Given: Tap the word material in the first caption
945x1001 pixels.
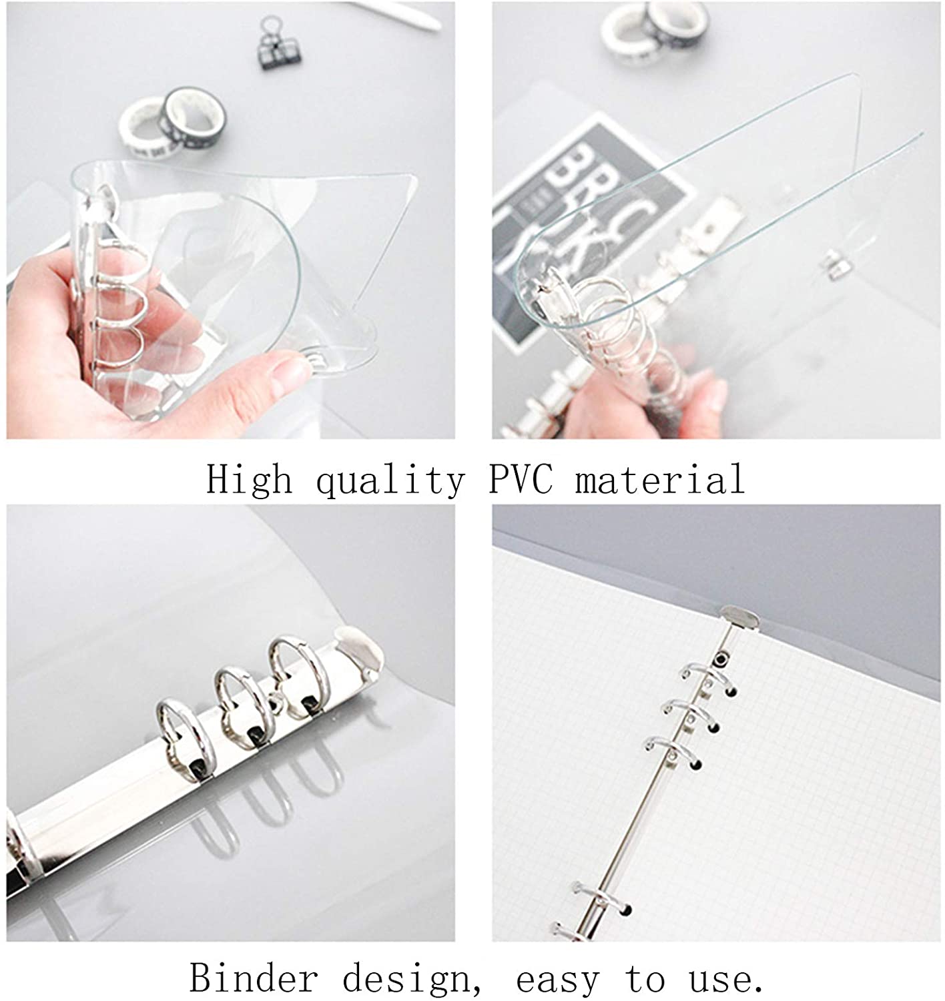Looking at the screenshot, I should pyautogui.click(x=659, y=478).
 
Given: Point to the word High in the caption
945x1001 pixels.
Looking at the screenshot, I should pyautogui.click(x=249, y=478).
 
